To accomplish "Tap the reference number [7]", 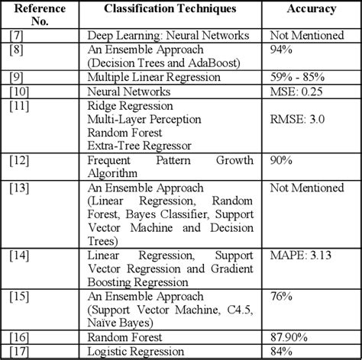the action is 18,36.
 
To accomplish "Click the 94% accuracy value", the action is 284,50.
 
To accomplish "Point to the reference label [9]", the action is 18,77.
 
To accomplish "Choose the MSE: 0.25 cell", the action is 299,91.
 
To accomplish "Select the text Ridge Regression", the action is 130,105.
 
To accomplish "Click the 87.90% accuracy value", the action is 291,336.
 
